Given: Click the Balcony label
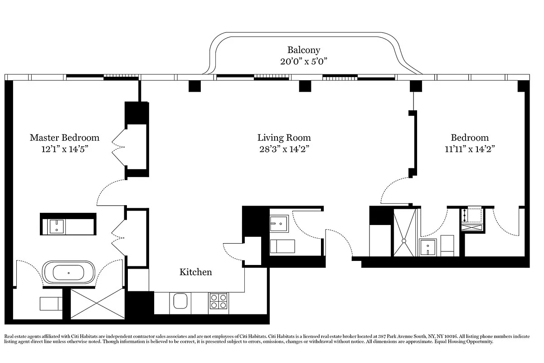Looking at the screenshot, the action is tap(304, 50).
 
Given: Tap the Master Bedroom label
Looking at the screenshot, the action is tap(64, 137).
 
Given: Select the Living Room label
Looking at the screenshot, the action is tap(284, 137).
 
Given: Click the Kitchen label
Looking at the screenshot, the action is tap(195, 272).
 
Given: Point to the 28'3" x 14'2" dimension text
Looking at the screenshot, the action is tap(284, 149).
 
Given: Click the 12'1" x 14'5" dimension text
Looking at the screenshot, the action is tap(64, 149).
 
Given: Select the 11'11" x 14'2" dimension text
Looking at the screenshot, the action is tap(470, 149).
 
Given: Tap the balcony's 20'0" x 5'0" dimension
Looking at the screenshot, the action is tap(304, 61).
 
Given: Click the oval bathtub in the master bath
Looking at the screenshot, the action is tap(68, 273).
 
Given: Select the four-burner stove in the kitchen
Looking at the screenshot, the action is tap(219, 301).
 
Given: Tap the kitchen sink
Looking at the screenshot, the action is tap(180, 301).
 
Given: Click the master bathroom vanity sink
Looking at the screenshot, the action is tap(57, 226).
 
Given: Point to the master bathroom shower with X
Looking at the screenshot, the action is tap(97, 304).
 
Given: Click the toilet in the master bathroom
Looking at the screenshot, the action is tap(51, 304).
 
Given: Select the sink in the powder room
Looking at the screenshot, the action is tap(279, 224).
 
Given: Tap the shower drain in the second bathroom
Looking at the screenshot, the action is tap(404, 241).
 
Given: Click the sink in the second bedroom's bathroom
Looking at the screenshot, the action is tap(427, 247).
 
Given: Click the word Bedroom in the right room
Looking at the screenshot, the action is tap(470, 137).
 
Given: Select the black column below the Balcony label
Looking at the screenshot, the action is tap(305, 86).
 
